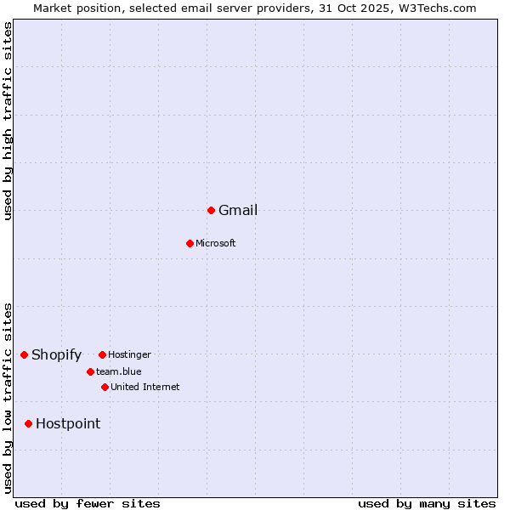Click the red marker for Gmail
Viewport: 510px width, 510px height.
[211, 210]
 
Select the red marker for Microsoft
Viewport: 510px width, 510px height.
[190, 243]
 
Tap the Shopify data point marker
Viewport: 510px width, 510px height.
[24, 354]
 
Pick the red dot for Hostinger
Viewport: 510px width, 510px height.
[102, 354]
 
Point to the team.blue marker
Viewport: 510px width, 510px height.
[90, 371]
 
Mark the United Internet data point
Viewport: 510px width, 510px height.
[105, 387]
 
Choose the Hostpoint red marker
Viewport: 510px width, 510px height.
[28, 423]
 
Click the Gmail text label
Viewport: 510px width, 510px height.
[238, 211]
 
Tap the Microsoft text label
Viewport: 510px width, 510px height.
[216, 244]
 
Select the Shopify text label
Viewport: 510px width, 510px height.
[56, 355]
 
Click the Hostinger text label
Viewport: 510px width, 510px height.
[129, 354]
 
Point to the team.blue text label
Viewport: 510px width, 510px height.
[119, 371]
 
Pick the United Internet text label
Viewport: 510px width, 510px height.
[145, 387]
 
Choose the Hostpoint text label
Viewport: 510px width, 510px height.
[68, 424]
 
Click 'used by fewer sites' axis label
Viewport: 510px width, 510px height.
[88, 503]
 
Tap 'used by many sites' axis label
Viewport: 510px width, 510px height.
[427, 503]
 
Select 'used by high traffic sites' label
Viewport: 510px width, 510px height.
[8, 121]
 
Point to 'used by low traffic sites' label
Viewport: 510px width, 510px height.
[8, 398]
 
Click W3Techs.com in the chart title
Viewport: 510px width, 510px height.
[435, 8]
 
